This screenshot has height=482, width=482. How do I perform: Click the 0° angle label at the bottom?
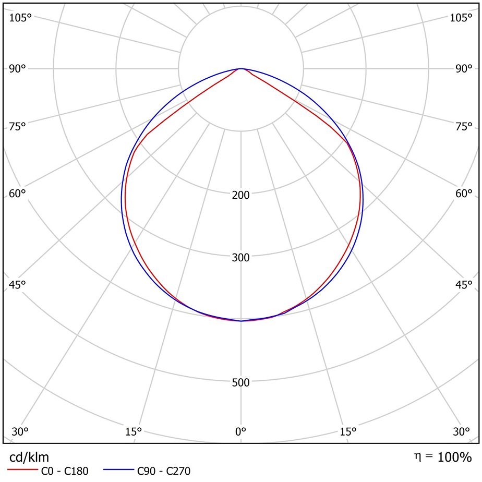(240, 432)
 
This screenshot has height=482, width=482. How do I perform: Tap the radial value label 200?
(240, 195)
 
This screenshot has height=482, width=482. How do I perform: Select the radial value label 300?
(240, 258)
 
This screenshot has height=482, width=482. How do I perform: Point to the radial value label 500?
(240, 383)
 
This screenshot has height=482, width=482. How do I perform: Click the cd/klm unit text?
(30, 457)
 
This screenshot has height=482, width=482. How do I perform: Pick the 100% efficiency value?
(454, 457)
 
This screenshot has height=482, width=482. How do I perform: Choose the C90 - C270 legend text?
(164, 472)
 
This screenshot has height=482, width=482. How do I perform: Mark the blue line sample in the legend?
(117, 471)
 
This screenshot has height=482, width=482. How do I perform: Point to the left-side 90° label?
(17, 69)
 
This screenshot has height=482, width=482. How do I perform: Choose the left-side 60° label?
(17, 194)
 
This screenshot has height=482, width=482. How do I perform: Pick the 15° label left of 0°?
(134, 432)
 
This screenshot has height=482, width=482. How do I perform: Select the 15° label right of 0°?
(348, 432)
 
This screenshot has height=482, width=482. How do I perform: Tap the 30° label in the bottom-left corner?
(19, 432)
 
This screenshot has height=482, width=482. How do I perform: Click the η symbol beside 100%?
(417, 457)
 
